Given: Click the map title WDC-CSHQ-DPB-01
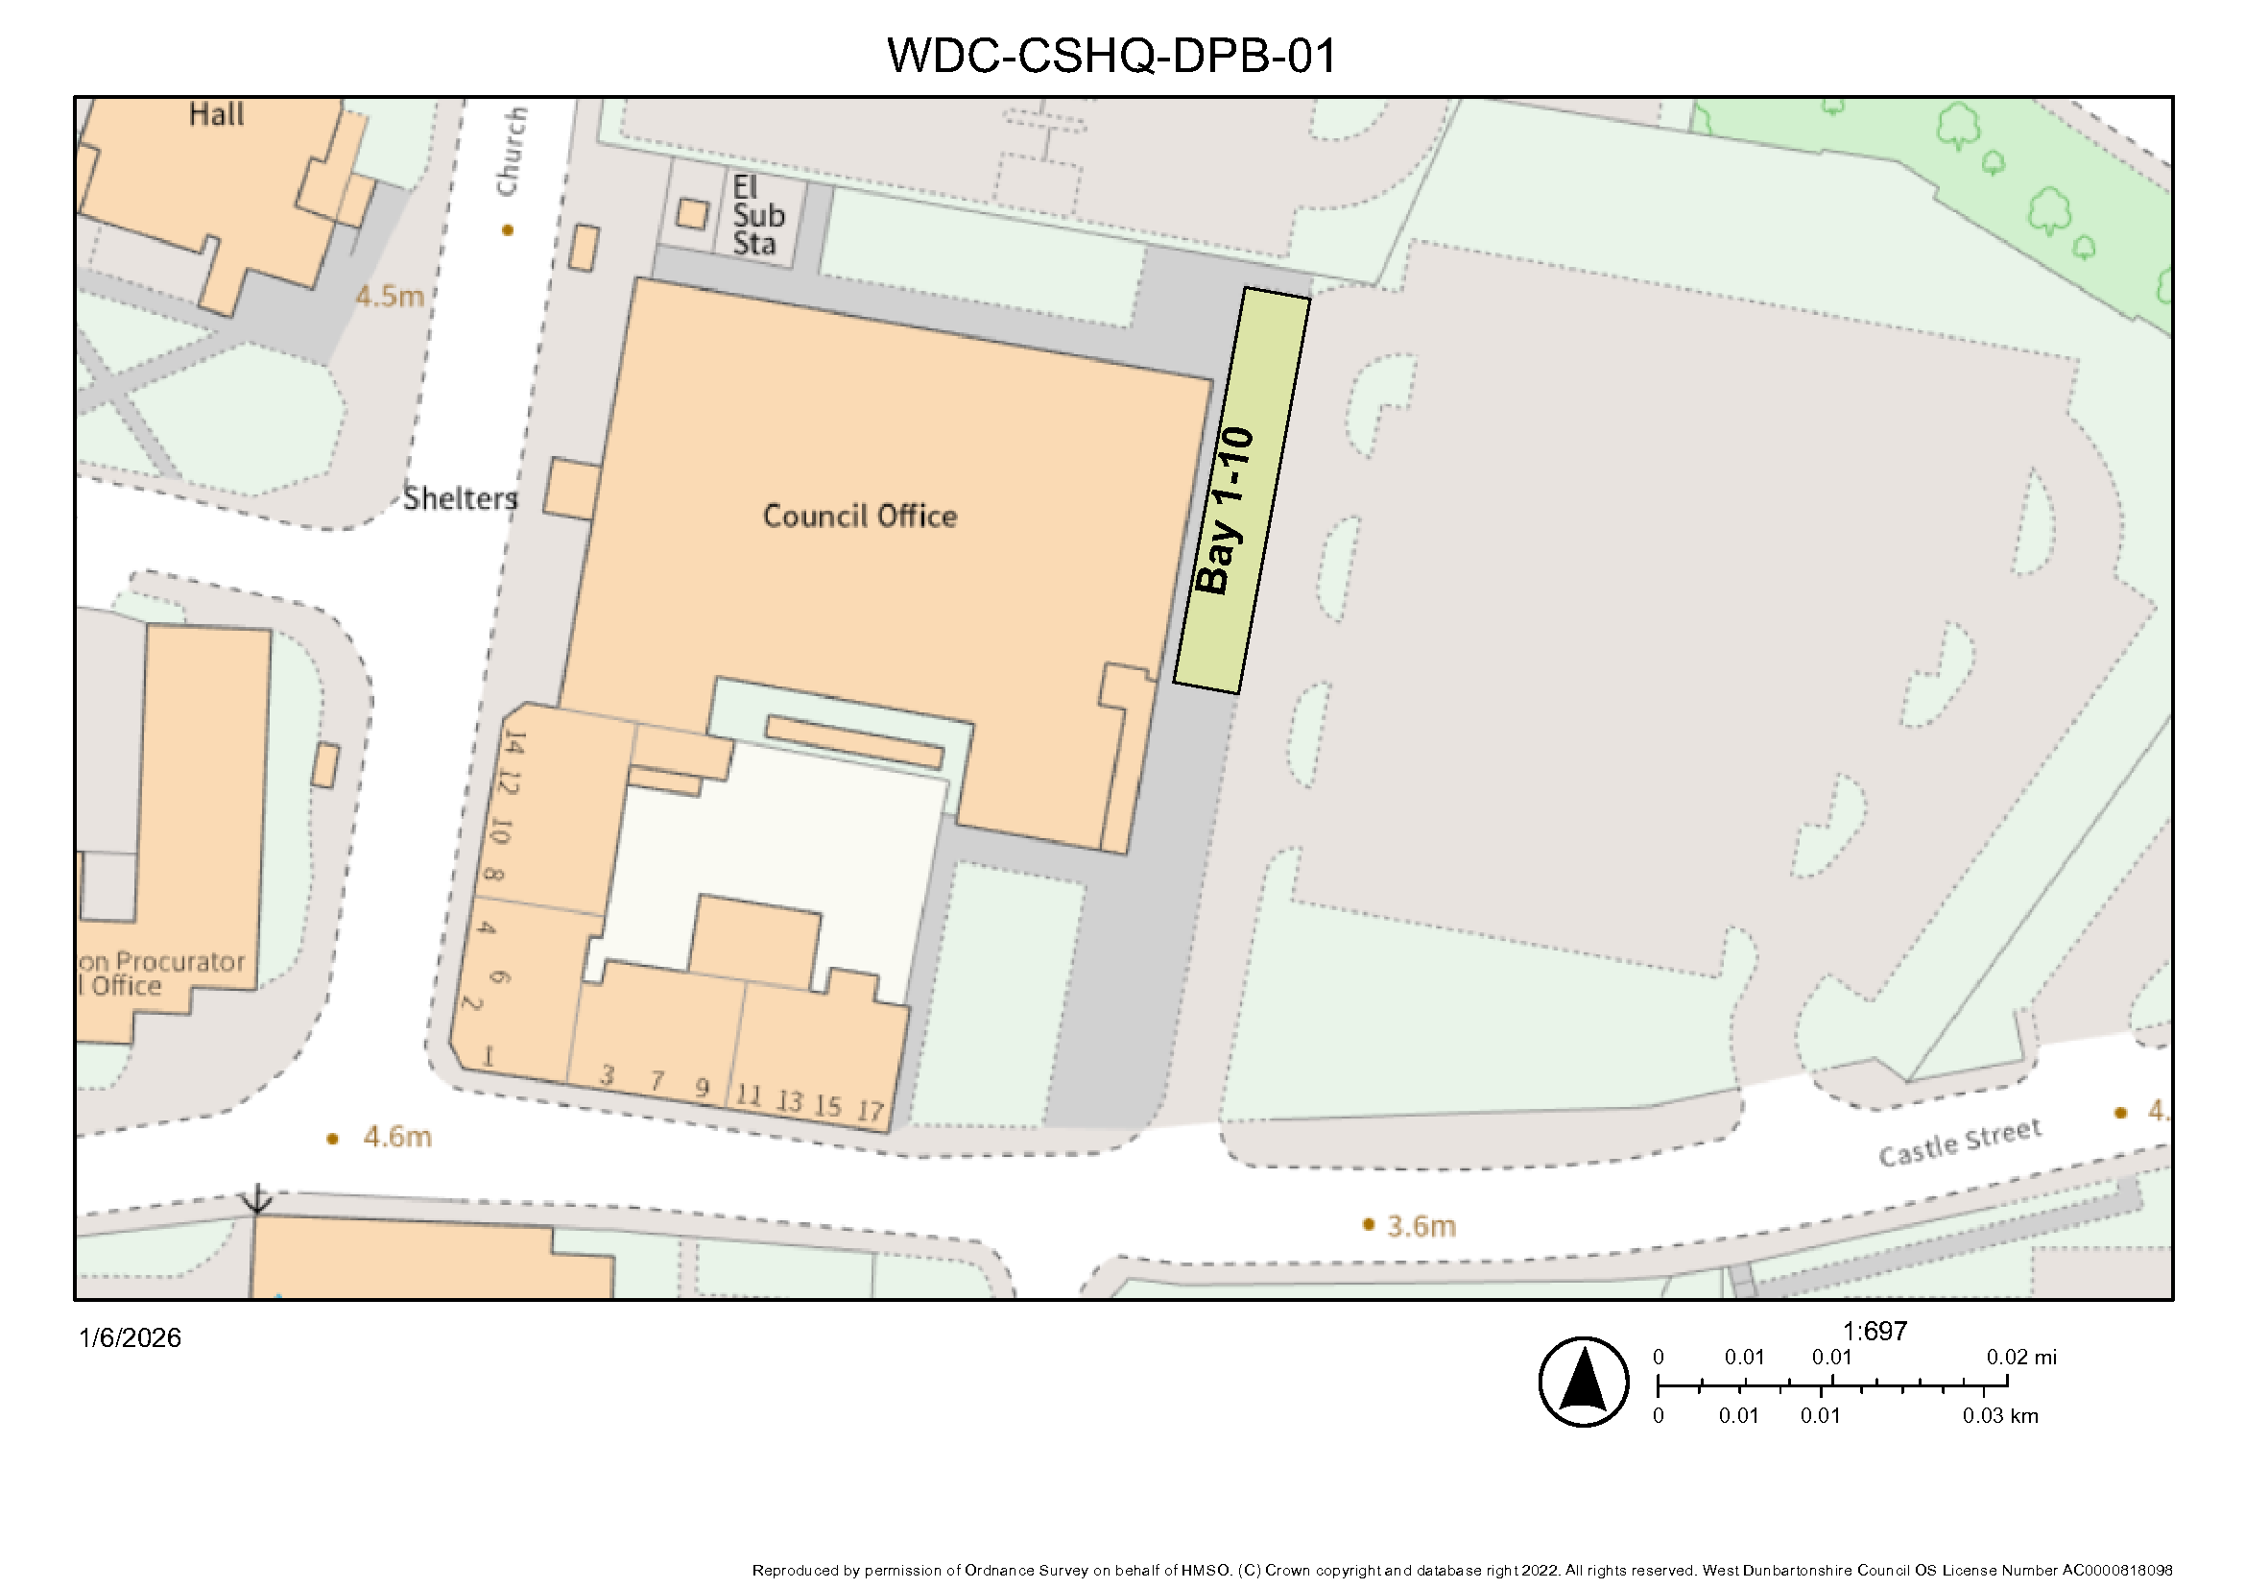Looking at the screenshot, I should coord(1111,56).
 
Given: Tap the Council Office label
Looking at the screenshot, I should coord(859,517).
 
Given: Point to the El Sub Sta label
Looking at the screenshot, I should coord(758,215).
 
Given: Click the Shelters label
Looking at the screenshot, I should coord(461,498).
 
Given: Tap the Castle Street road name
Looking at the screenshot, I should coord(1960,1143).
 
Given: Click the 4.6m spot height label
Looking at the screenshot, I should coord(397,1137).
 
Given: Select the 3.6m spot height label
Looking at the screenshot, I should coord(1421,1226).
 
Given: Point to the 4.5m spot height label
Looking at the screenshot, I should coord(389,297).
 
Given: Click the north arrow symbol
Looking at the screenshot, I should coord(1583,1382).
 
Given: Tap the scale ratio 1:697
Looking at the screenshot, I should coord(1875,1331).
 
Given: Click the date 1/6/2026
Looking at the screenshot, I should coord(130,1337).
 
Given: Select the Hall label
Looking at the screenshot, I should coord(216,114).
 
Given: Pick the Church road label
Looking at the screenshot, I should coord(512,152).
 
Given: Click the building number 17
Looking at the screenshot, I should coord(871,1112).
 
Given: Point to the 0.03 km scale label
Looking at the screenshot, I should coord(1999,1415).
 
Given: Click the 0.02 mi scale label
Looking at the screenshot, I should coord(2021,1357).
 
